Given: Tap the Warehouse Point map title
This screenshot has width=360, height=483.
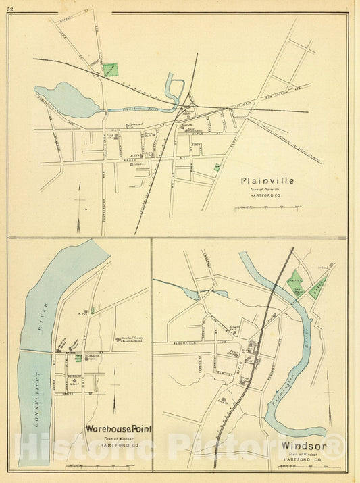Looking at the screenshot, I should coord(118,429).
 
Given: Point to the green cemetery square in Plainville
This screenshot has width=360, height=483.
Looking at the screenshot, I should coord(110,69).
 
